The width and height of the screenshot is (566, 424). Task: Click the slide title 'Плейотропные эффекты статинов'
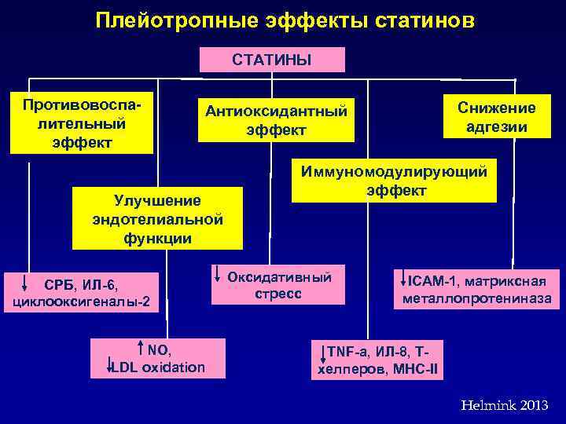[x=285, y=20]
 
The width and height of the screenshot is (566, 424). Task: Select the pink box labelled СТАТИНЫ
[x=272, y=60]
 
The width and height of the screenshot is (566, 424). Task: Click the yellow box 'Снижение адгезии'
[x=495, y=117]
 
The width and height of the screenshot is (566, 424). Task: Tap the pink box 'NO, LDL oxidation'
[x=158, y=358]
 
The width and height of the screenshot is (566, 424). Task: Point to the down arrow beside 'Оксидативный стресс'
[x=217, y=274]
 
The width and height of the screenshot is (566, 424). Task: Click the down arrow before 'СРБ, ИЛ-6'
[x=25, y=283]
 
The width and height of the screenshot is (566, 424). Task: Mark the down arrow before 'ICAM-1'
[x=403, y=279]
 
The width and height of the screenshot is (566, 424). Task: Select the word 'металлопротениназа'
[x=476, y=298]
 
